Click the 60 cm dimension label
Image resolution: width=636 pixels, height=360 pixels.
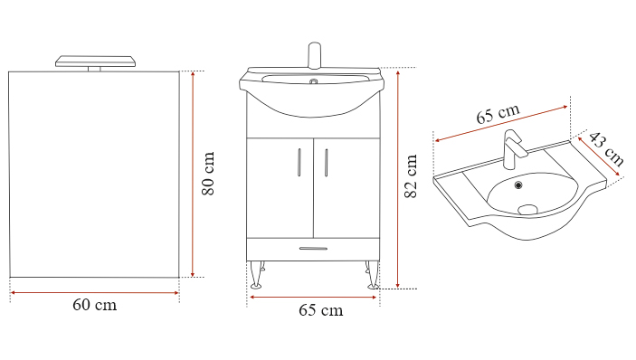pos(94,305)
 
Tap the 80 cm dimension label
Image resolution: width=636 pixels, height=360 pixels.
pos(208,174)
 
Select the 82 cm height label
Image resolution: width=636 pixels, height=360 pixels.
pos(411,176)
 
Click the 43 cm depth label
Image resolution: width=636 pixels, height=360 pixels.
pos(605,149)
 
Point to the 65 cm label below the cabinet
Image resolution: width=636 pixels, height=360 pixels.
pos(321,310)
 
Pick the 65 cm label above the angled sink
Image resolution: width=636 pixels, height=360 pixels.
pos(498,114)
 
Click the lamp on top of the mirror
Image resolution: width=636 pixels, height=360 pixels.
pos(95,63)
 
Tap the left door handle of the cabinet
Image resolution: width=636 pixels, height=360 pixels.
pos(299,162)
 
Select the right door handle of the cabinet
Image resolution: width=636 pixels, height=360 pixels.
pos(326,162)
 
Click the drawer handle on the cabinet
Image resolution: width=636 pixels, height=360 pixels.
pos(313,249)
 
